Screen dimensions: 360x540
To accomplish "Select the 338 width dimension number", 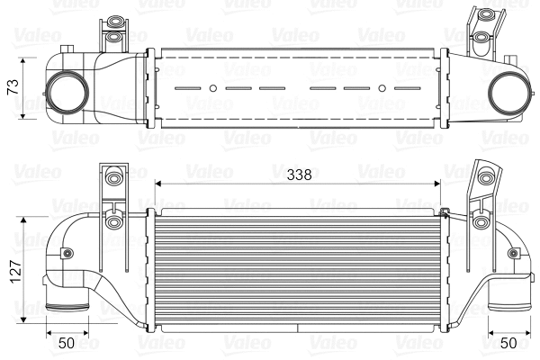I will [301, 176].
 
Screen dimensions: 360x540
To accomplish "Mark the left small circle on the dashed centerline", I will [212, 88].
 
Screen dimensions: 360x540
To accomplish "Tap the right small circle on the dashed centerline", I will [382, 88].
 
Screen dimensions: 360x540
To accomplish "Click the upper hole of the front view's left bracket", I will [112, 178].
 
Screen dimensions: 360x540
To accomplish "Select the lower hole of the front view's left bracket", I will [112, 221].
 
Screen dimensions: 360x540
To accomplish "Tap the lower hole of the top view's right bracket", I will [482, 37].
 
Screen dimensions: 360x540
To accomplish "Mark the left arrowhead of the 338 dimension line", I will [159, 184].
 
